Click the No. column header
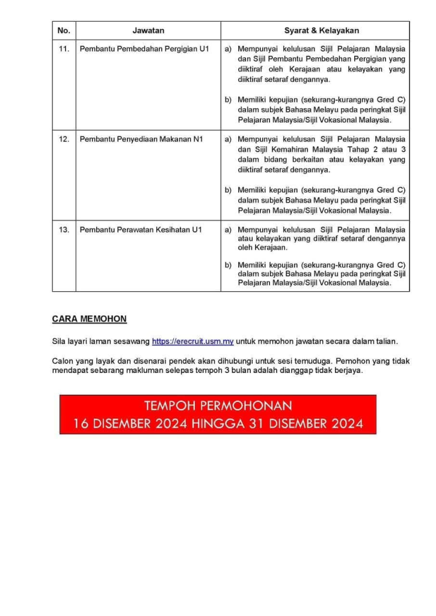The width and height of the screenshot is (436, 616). (64, 30)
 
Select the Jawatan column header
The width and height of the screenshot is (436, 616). (148, 30)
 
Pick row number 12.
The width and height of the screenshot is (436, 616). (64, 139)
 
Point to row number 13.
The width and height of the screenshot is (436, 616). (64, 230)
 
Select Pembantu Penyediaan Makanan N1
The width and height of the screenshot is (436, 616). (141, 139)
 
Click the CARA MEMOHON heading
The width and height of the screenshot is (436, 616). (90, 319)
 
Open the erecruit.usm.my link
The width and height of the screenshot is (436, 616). (192, 342)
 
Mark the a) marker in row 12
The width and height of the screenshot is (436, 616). (228, 139)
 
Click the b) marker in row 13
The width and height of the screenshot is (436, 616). (228, 265)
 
